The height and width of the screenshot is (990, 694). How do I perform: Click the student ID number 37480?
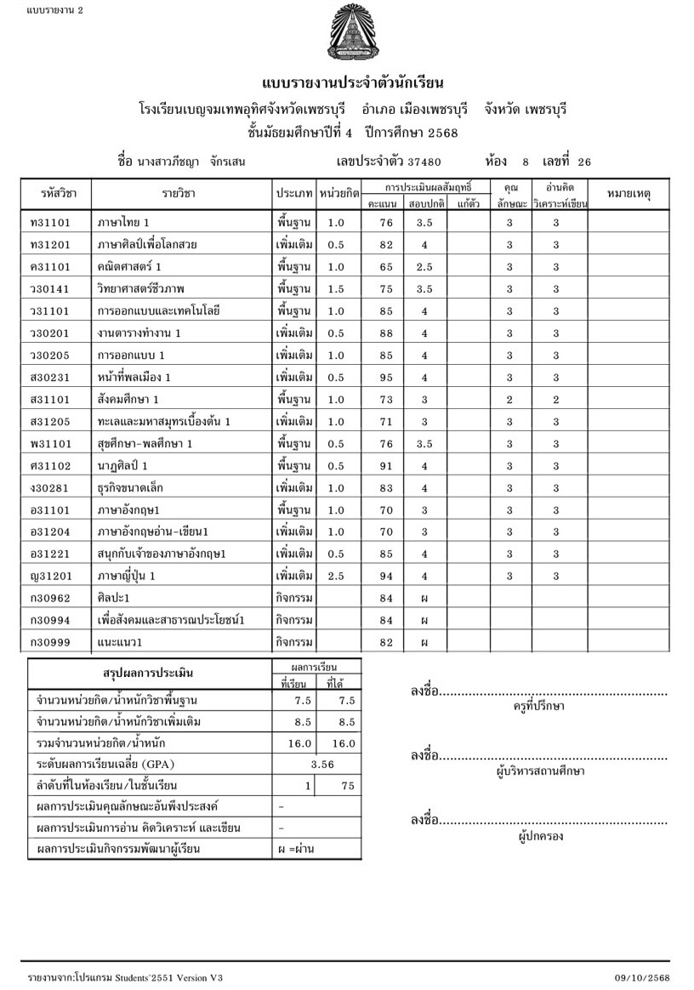click(424, 161)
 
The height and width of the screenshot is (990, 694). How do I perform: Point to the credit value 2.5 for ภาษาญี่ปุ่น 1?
click(335, 577)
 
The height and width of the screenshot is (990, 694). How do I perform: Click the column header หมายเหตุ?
click(629, 195)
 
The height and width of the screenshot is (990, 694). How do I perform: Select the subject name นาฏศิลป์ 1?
click(123, 466)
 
